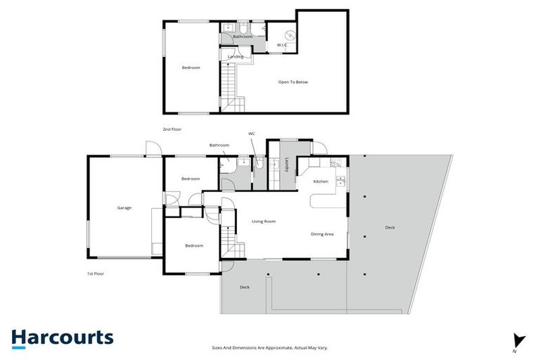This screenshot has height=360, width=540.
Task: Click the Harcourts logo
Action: pyautogui.click(x=62, y=337)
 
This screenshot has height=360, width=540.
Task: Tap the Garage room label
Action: pyautogui.click(x=124, y=207)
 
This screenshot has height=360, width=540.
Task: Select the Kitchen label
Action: pyautogui.click(x=321, y=181)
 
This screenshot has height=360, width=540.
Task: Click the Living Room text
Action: pyautogui.click(x=264, y=221)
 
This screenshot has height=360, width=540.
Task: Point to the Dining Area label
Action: pyautogui.click(x=322, y=233)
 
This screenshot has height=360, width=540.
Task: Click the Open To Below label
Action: pyautogui.click(x=292, y=82)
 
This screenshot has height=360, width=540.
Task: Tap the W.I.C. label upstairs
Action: pyautogui.click(x=282, y=45)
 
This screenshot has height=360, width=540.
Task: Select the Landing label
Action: pyautogui.click(x=236, y=56)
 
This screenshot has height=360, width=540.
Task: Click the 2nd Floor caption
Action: pyautogui.click(x=172, y=129)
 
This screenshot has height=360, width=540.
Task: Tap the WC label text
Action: pyautogui.click(x=252, y=133)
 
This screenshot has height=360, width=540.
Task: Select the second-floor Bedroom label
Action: pyautogui.click(x=191, y=67)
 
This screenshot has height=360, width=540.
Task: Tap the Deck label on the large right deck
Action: pyautogui.click(x=390, y=227)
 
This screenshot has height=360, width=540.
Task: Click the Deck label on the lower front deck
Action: pyautogui.click(x=245, y=287)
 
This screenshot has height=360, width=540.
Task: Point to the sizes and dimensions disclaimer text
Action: pyautogui.click(x=271, y=347)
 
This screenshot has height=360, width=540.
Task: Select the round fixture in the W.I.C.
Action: pyautogui.click(x=288, y=34)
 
